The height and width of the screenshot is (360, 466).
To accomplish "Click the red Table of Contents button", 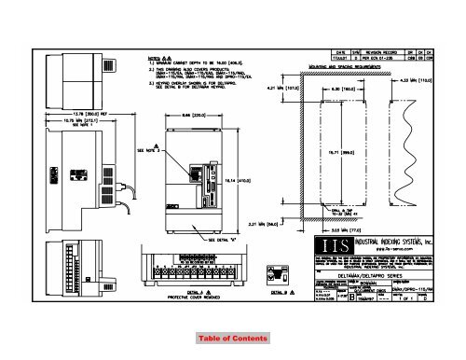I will (x=233, y=337).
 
